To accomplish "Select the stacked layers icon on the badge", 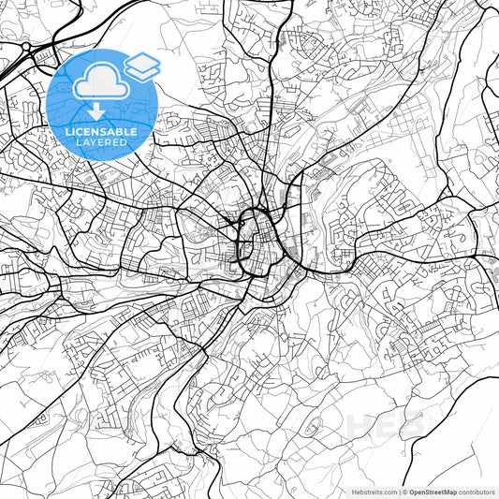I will pyautogui.click(x=142, y=65).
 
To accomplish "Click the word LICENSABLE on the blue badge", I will pyautogui.click(x=102, y=132).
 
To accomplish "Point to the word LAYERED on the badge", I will pyautogui.click(x=102, y=144).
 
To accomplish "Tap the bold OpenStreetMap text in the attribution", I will pyautogui.click(x=433, y=492).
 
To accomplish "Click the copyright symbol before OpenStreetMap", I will pyautogui.click(x=404, y=492).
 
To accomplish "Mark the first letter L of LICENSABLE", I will pyautogui.click(x=68, y=132).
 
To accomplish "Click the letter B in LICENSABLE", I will pyautogui.click(x=119, y=132).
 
